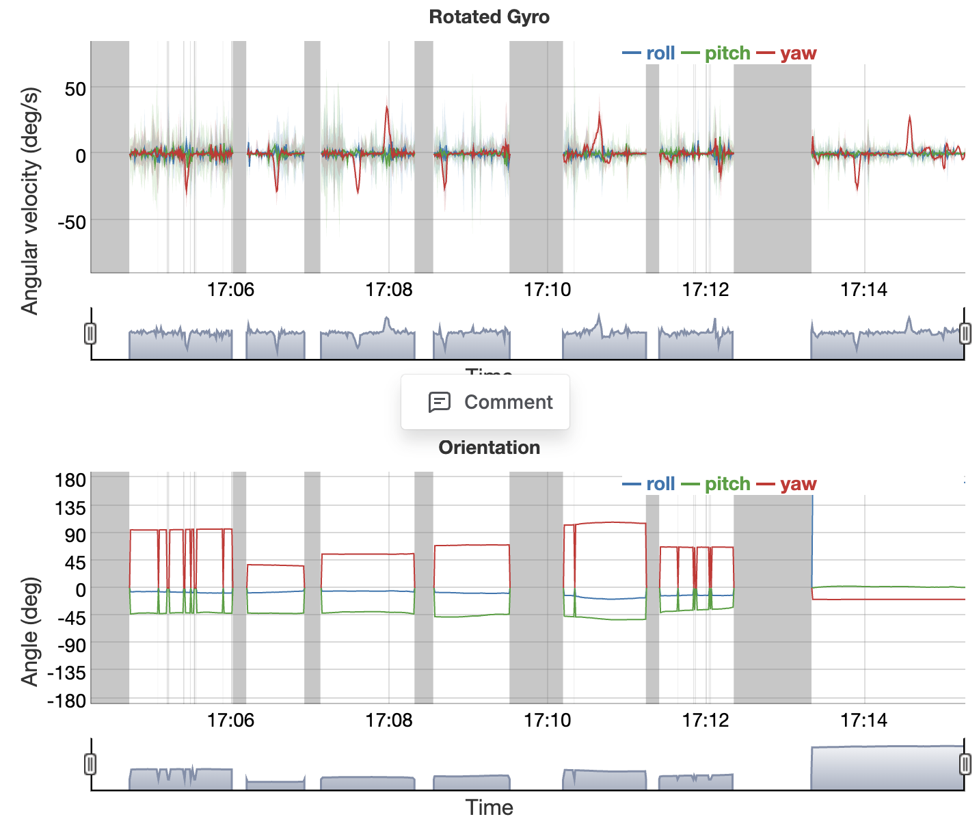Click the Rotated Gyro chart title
pyautogui.click(x=489, y=17)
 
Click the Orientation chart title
pyautogui.click(x=489, y=448)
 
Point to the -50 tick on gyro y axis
pyautogui.click(x=71, y=222)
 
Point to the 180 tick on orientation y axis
pyautogui.click(x=70, y=480)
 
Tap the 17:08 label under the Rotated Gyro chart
pyautogui.click(x=389, y=290)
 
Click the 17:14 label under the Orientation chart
pyautogui.click(x=863, y=720)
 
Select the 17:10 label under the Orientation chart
pyautogui.click(x=547, y=720)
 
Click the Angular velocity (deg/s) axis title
pyautogui.click(x=29, y=200)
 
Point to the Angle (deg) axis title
pyautogui.click(x=29, y=631)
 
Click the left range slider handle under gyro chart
pyautogui.click(x=90, y=334)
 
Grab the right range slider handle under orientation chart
pyautogui.click(x=965, y=764)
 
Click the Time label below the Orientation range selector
pyautogui.click(x=489, y=807)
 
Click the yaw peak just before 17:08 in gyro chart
pyautogui.click(x=387, y=108)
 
